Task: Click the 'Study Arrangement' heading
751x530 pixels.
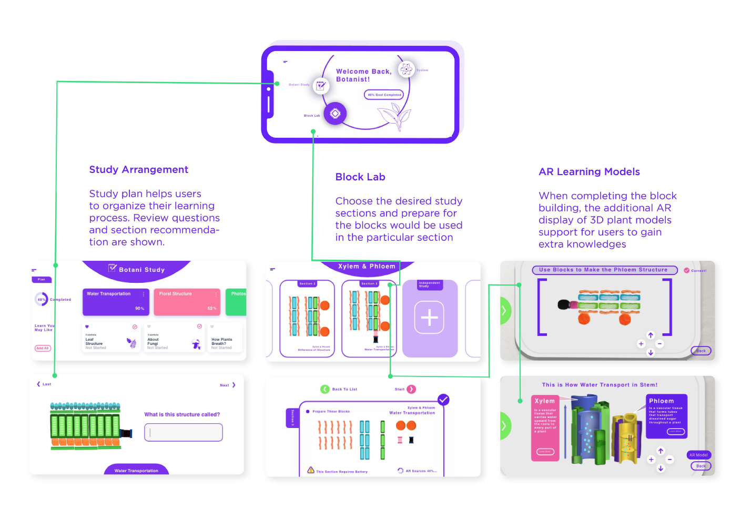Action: (x=138, y=169)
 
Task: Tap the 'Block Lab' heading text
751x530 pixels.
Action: (x=360, y=177)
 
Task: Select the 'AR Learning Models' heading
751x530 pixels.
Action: (x=589, y=171)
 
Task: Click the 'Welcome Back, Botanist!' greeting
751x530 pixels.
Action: (x=363, y=75)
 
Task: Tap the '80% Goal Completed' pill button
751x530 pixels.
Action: (x=384, y=95)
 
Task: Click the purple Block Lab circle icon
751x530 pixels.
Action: (x=335, y=113)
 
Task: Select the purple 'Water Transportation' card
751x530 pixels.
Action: (x=116, y=302)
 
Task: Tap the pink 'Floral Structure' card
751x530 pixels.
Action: (x=187, y=302)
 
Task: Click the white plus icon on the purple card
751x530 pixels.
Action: (x=429, y=318)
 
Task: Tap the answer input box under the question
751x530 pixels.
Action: (x=184, y=432)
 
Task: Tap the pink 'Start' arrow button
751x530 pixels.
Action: (x=411, y=389)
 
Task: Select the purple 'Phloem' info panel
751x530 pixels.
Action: (x=666, y=416)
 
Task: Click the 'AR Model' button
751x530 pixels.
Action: (x=698, y=455)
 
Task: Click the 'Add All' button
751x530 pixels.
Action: (x=43, y=348)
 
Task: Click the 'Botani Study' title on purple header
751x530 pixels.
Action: (x=141, y=269)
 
